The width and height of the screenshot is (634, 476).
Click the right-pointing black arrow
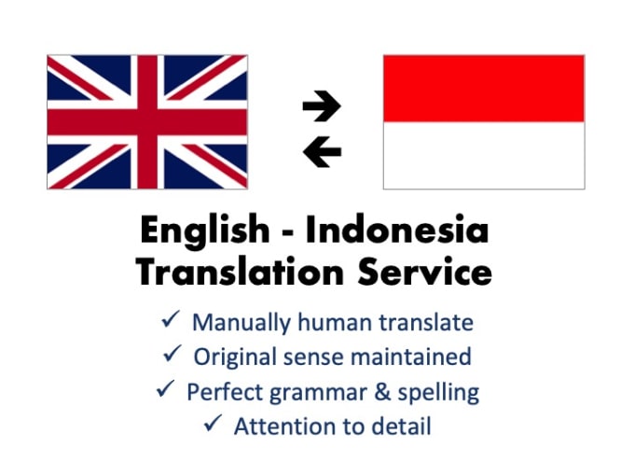tap(322, 106)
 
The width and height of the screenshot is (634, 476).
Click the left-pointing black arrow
tap(322, 152)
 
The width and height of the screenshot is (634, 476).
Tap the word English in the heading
tap(204, 231)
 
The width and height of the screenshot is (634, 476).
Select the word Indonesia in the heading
tap(396, 229)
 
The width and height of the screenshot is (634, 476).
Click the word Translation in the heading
tap(240, 272)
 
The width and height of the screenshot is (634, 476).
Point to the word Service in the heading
tap(424, 272)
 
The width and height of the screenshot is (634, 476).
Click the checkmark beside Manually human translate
tap(171, 319)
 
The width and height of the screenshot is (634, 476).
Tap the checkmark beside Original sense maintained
tap(172, 354)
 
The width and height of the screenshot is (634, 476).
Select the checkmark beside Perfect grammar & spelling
tap(165, 388)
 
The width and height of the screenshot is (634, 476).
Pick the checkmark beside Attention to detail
tap(213, 423)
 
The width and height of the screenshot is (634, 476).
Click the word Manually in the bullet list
tap(241, 324)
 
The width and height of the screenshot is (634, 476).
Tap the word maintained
tap(411, 357)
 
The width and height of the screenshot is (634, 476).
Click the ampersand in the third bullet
tap(382, 392)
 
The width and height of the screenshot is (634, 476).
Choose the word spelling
tap(438, 393)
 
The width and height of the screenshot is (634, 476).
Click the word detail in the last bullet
tap(401, 427)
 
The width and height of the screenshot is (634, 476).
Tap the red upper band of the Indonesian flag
tap(484, 89)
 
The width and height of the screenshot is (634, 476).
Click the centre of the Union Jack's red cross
tap(147, 122)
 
